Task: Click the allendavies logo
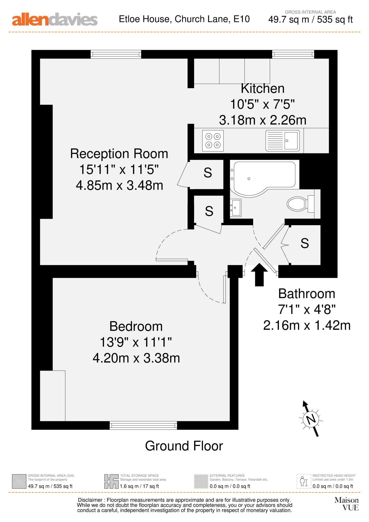[x=55, y=20]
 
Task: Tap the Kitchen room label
[x=263, y=88]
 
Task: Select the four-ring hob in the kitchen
[x=213, y=141]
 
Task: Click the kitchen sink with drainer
[x=283, y=141]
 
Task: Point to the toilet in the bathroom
[x=301, y=203]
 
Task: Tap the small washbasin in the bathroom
[x=235, y=208]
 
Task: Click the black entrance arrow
[x=259, y=275]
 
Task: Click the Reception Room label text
[x=119, y=154]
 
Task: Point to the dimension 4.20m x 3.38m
[x=136, y=358]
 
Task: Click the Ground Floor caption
[x=184, y=446]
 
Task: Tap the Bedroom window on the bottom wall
[x=143, y=425]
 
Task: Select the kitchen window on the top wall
[x=293, y=54]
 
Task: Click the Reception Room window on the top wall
[x=116, y=54]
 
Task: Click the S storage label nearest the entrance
[x=305, y=243]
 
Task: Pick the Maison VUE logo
[x=347, y=504]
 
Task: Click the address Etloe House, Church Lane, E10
[x=184, y=19]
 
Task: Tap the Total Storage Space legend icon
[x=111, y=481]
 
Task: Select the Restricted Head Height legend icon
[x=304, y=481]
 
